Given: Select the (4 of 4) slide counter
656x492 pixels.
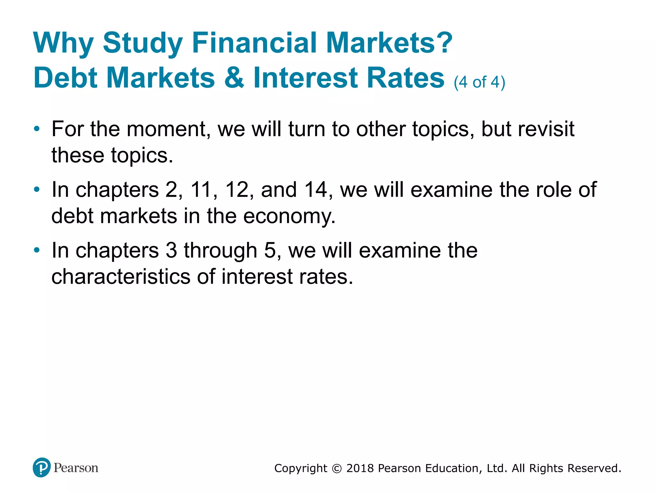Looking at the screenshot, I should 480,82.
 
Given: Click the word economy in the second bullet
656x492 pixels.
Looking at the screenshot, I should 289,216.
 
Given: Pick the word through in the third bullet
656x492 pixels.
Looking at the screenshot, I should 220,250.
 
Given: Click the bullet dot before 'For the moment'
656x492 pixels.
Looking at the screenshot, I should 37,129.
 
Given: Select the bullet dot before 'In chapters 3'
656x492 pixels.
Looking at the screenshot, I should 37,250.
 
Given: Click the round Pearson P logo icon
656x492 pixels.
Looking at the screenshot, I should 42,467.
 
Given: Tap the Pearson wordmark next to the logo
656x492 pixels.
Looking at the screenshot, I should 76,468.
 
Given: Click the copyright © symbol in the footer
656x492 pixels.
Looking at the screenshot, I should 337,469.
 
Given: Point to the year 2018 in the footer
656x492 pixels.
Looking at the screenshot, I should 360,468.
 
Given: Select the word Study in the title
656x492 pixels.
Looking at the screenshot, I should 143,43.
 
